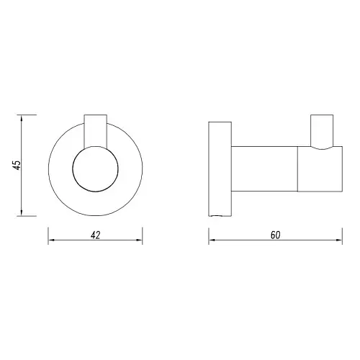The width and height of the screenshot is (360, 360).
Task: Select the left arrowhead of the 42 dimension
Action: pos(50,241)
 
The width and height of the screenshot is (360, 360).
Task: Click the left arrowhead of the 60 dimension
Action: pos(212,241)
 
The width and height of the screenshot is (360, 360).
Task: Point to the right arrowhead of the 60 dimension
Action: pos(338,241)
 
